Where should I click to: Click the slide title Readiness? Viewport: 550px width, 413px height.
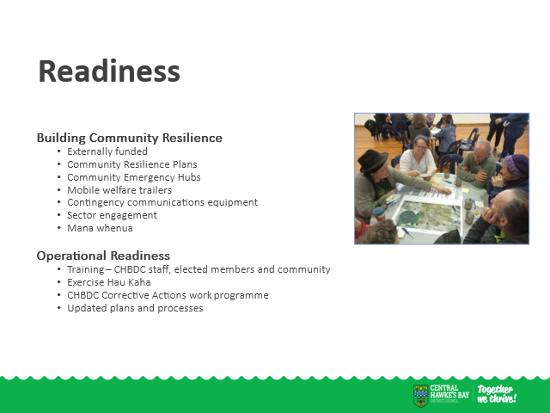click(109, 71)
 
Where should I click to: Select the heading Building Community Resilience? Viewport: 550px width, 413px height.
click(130, 138)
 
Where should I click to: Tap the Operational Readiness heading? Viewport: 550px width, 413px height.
click(103, 256)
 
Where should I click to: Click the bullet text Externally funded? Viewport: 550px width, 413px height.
click(107, 151)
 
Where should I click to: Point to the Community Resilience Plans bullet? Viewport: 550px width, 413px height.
click(132, 164)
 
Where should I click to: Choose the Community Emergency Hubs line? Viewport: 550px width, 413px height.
click(134, 177)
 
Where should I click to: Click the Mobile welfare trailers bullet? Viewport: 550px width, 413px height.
click(119, 190)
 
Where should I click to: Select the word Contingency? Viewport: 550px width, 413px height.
click(95, 203)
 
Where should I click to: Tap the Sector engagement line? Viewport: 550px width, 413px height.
click(113, 215)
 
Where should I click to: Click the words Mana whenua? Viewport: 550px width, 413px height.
click(100, 228)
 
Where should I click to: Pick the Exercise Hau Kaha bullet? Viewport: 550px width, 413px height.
click(109, 282)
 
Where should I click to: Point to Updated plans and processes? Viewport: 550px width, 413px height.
click(135, 308)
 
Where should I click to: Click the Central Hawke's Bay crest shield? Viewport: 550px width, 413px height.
click(420, 396)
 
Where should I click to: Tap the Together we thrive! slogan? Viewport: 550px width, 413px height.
click(497, 394)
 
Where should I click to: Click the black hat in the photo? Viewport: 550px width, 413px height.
click(372, 161)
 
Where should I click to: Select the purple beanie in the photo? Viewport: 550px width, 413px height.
click(516, 165)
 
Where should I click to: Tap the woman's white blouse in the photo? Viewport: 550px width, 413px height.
click(418, 162)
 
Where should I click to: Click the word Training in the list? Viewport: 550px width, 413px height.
click(86, 269)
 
